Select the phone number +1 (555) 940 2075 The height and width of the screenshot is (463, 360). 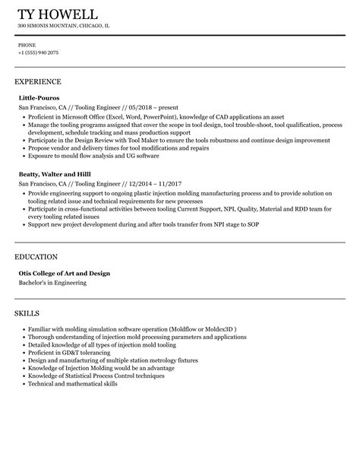(x=38, y=52)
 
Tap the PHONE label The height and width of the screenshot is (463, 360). (x=27, y=45)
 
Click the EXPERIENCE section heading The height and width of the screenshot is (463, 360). (x=38, y=81)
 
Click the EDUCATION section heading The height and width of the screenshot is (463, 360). (x=36, y=258)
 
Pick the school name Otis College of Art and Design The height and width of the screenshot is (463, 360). (x=65, y=274)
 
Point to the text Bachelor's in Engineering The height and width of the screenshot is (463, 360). (x=52, y=284)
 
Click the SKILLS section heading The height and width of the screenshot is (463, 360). (x=27, y=312)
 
